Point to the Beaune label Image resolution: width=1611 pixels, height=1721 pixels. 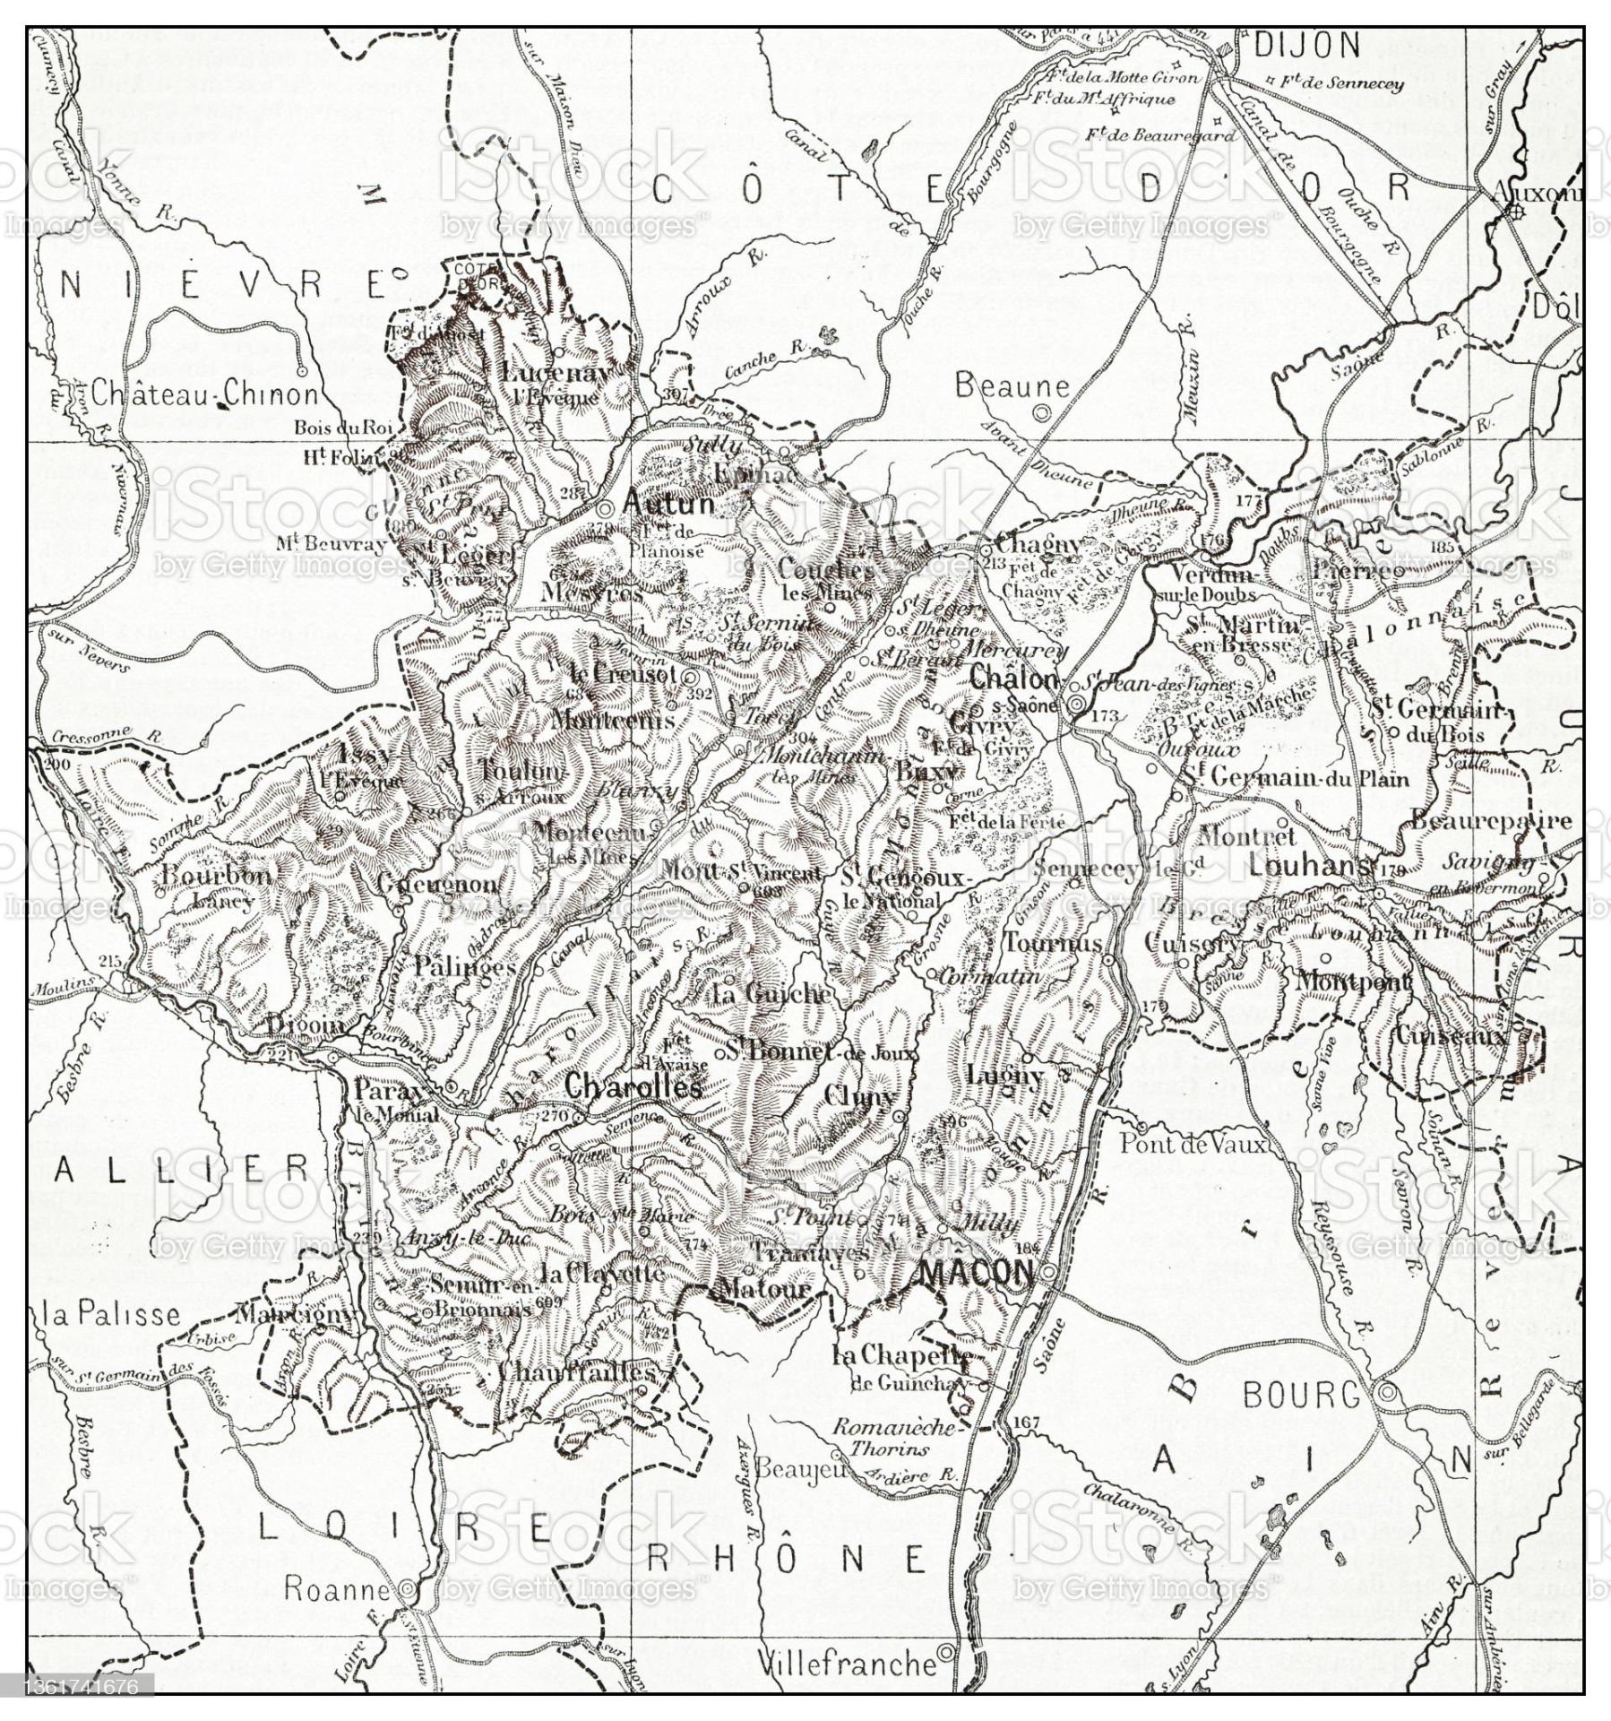[1012, 385]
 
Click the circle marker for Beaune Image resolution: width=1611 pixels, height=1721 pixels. [1040, 413]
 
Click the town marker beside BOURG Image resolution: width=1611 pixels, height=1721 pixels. [1387, 1393]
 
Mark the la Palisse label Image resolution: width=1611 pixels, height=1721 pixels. [112, 1315]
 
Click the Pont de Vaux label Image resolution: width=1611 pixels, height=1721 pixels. [1193, 1144]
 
